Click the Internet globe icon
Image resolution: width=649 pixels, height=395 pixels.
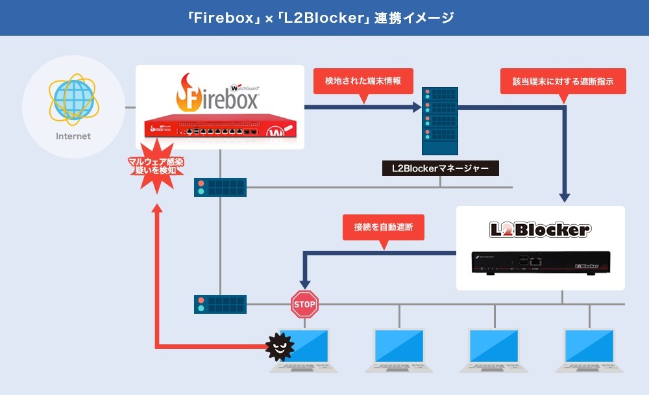tap(73, 99)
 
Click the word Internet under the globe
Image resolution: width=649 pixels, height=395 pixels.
tap(73, 136)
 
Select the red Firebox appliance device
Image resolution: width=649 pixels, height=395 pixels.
tap(221, 129)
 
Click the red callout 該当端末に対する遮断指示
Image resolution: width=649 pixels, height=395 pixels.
tap(563, 82)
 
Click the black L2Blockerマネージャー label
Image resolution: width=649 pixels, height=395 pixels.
tap(441, 168)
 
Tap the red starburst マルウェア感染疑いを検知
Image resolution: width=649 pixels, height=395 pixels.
tap(156, 172)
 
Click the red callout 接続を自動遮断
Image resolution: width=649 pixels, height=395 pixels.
tap(384, 228)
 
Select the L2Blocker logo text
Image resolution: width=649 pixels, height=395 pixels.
tap(539, 229)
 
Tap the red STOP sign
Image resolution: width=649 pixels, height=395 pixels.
tap(304, 304)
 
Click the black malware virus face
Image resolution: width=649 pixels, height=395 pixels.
tap(280, 347)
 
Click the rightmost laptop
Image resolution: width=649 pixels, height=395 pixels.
tap(589, 351)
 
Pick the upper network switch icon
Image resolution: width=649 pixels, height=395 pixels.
tap(220, 187)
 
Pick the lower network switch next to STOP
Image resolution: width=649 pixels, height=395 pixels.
tap(220, 304)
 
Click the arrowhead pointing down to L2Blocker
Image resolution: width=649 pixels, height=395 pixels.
tap(564, 196)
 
